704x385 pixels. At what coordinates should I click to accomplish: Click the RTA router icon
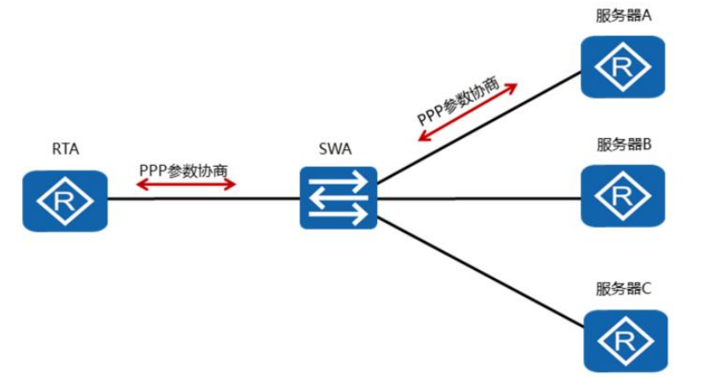point(65,201)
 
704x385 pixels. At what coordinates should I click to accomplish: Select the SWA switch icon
point(338,198)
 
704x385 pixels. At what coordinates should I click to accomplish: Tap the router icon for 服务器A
point(623,66)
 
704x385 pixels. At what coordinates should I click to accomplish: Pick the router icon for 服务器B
point(623,196)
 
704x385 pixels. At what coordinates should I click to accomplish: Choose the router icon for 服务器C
point(625,341)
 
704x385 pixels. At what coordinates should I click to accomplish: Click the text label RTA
point(65,151)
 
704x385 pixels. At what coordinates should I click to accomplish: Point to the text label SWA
point(335,150)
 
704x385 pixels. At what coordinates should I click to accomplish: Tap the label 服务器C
point(624,289)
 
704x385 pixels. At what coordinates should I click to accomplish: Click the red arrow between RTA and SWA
point(186,184)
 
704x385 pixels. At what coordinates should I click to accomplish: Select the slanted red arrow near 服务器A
point(467,112)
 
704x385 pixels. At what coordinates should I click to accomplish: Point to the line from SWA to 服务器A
point(477,128)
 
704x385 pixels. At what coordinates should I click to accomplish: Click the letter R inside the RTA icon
point(65,202)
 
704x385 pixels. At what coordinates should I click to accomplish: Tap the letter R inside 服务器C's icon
point(625,342)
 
